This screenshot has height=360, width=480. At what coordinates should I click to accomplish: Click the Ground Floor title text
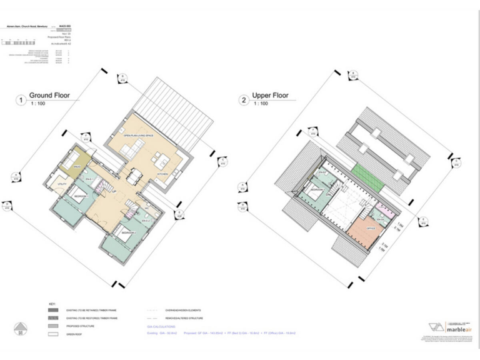coord(49,96)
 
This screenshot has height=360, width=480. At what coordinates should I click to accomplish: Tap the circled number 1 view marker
coord(21,99)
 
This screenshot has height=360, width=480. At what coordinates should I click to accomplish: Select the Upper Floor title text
coord(270,96)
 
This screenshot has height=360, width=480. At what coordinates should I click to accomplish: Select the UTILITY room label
coord(62,185)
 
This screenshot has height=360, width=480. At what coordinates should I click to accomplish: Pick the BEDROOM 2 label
coord(129,232)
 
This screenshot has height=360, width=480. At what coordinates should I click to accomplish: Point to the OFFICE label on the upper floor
coord(371,229)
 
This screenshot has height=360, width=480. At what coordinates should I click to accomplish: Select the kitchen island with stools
coord(133,151)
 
